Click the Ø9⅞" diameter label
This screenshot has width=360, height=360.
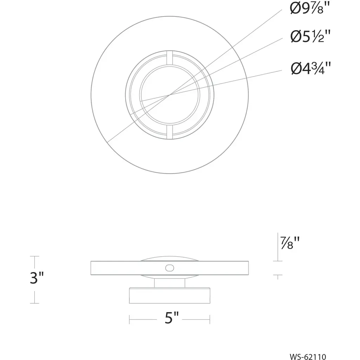pos(310,9)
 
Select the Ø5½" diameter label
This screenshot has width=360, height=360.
pos(310,36)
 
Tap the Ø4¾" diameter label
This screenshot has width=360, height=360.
pos(311,68)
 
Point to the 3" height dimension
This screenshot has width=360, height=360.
pos(37,278)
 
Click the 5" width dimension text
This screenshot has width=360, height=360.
pos(172,318)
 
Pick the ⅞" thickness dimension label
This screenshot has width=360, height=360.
pos(290,243)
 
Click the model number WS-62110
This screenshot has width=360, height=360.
pos(308,356)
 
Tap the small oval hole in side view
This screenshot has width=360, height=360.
pos(170,268)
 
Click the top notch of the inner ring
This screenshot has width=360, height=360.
pos(170,58)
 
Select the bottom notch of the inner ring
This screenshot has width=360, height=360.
pos(170,132)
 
